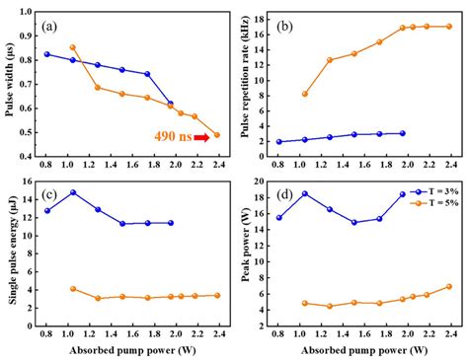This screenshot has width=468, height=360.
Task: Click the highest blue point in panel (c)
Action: [x=73, y=192]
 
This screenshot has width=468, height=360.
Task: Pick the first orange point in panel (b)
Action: [x=304, y=95]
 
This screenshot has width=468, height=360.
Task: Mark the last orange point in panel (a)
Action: [x=217, y=135]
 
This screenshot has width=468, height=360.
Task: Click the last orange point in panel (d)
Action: [x=449, y=286]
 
